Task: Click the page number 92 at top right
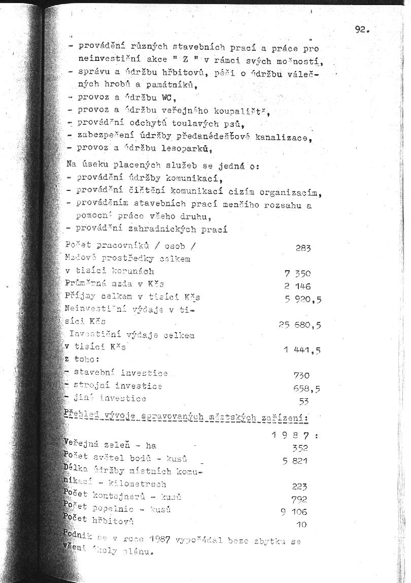click(x=362, y=29)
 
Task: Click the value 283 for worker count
click(x=303, y=248)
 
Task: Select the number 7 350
click(x=297, y=274)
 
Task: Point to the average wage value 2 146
click(x=298, y=286)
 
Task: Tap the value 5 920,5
click(x=303, y=300)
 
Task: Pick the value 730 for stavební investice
click(x=301, y=375)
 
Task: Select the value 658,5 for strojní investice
click(x=306, y=388)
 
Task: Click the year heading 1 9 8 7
click(x=294, y=435)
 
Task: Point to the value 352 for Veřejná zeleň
click(x=300, y=448)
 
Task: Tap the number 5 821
click(x=295, y=461)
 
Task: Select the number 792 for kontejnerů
click(x=299, y=499)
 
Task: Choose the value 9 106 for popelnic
click(x=294, y=512)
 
